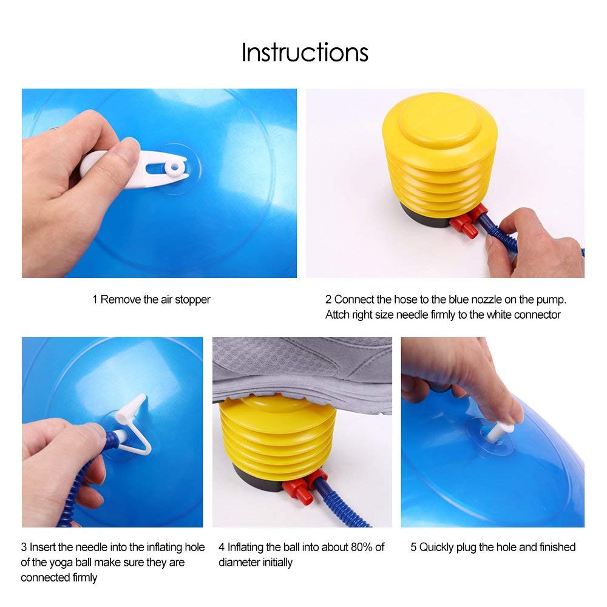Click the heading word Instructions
pos(305,53)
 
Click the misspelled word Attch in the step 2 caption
pos(337,314)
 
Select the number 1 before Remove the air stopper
pos(95,299)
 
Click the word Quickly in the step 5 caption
pos(439,547)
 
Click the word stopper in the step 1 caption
pos(192,299)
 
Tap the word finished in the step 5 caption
pos(555,547)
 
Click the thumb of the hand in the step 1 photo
pos(115,164)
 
